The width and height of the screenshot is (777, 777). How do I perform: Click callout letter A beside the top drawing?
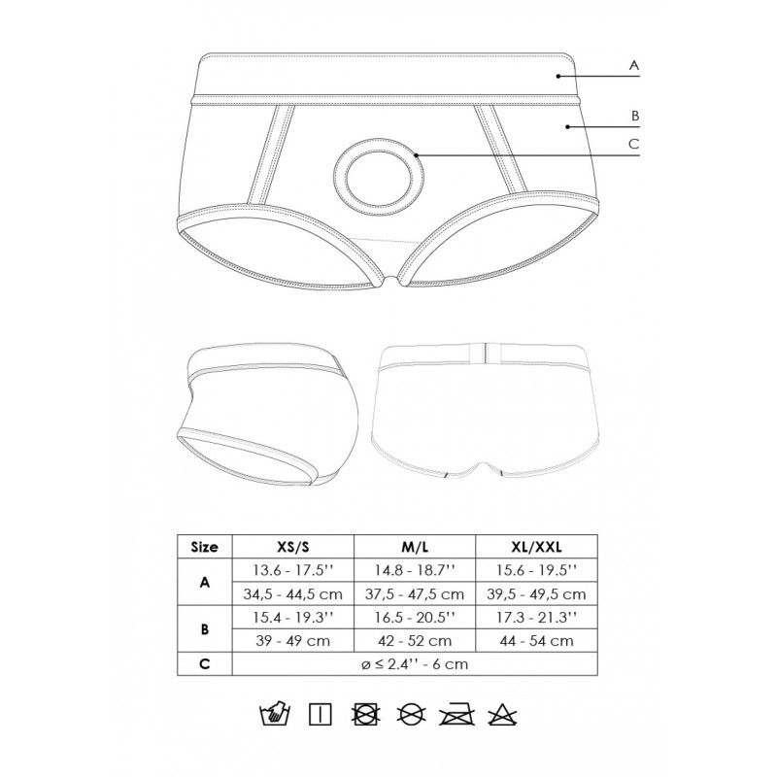click(x=633, y=66)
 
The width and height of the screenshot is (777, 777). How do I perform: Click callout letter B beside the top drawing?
click(x=633, y=115)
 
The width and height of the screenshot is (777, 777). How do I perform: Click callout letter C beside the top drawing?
click(x=633, y=145)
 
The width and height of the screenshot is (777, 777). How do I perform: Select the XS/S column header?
click(x=294, y=547)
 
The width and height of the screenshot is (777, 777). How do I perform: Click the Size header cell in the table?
click(x=205, y=547)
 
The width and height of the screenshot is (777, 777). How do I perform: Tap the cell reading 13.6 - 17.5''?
click(x=294, y=570)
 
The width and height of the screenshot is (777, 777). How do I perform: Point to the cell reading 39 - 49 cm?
click(x=294, y=640)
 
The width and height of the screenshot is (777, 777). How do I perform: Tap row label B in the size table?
click(x=205, y=628)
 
